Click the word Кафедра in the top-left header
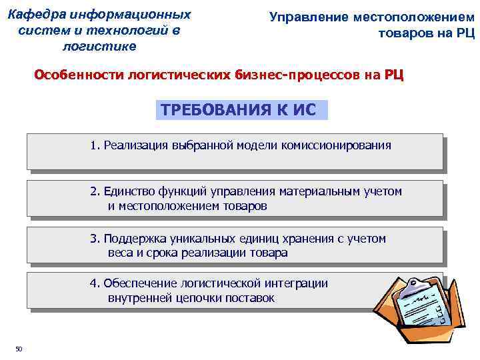tap(34, 14)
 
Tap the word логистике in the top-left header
tap(99, 46)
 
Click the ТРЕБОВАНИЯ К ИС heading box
tap(242, 109)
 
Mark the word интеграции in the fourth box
tap(298, 283)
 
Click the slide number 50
tap(19, 348)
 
